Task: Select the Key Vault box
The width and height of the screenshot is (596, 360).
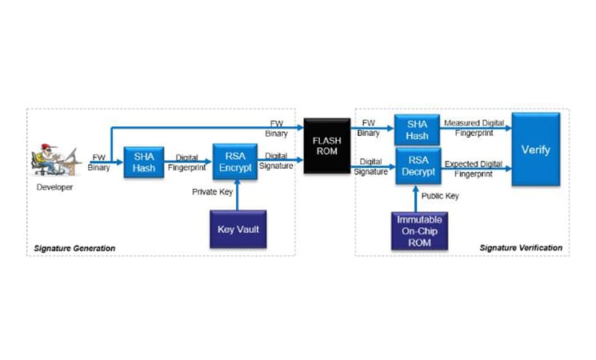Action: pos(238,229)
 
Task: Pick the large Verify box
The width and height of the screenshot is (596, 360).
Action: pos(535,150)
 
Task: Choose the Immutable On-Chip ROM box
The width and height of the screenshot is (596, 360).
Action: pos(414,229)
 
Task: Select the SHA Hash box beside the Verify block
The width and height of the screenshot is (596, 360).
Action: pos(416,130)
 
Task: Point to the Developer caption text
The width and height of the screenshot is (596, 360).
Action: pos(54,187)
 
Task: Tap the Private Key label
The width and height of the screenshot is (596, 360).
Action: pos(213,192)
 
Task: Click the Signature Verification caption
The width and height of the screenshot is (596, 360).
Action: pos(520,248)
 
